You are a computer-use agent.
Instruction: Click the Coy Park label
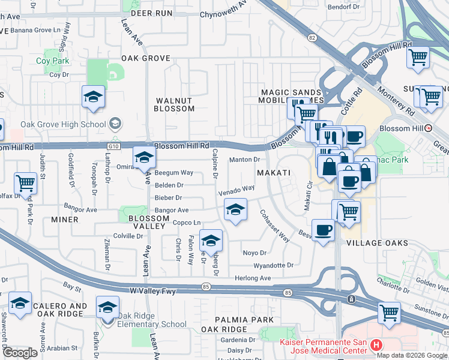point(52,61)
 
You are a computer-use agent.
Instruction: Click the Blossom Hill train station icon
point(429,128)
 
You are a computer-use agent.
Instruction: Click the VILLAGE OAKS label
point(378,243)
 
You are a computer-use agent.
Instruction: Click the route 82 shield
point(311,37)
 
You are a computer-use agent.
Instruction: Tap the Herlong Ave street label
point(253,278)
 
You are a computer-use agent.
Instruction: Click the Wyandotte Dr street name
point(274,265)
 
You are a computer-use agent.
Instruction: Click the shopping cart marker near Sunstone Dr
point(388,312)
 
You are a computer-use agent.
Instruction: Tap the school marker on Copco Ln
point(210,241)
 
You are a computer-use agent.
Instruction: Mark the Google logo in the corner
point(20,353)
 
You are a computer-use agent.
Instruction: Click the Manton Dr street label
point(245,160)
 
